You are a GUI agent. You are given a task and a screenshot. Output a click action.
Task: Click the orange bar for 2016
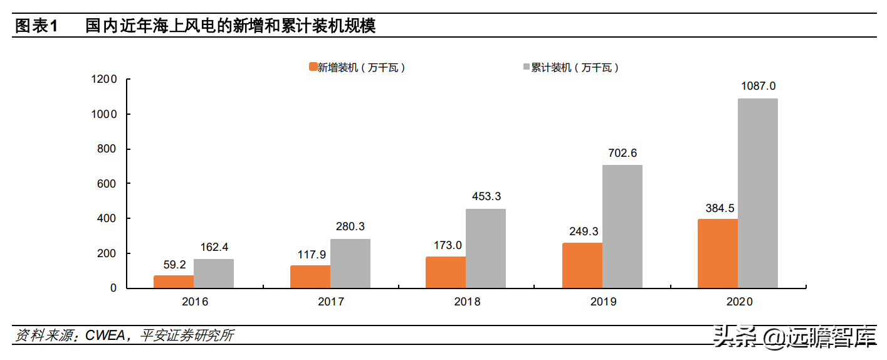[174, 282]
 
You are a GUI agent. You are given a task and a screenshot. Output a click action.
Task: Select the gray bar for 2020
[757, 193]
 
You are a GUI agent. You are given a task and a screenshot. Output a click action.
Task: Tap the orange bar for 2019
[582, 265]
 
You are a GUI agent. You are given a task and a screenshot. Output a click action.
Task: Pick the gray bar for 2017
[350, 263]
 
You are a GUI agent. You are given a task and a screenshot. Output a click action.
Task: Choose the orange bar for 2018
[446, 272]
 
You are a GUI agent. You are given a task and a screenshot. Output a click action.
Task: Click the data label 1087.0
[758, 86]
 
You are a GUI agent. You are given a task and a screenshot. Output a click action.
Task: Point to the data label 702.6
[622, 153]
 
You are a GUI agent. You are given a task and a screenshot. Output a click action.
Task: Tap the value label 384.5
[718, 207]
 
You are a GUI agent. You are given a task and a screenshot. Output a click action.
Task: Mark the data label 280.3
[350, 227]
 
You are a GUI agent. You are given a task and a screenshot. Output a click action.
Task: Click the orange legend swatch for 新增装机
[312, 67]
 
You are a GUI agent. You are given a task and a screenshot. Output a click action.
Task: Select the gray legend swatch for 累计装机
[525, 67]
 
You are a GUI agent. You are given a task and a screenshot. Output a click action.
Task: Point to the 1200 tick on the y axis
[105, 80]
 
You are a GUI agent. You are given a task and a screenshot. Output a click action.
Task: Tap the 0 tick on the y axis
[113, 289]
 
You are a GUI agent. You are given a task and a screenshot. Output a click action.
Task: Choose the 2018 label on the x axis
[467, 302]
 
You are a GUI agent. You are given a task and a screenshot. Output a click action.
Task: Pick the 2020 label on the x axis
[739, 302]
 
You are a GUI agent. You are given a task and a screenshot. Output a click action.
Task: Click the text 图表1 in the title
[36, 26]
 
